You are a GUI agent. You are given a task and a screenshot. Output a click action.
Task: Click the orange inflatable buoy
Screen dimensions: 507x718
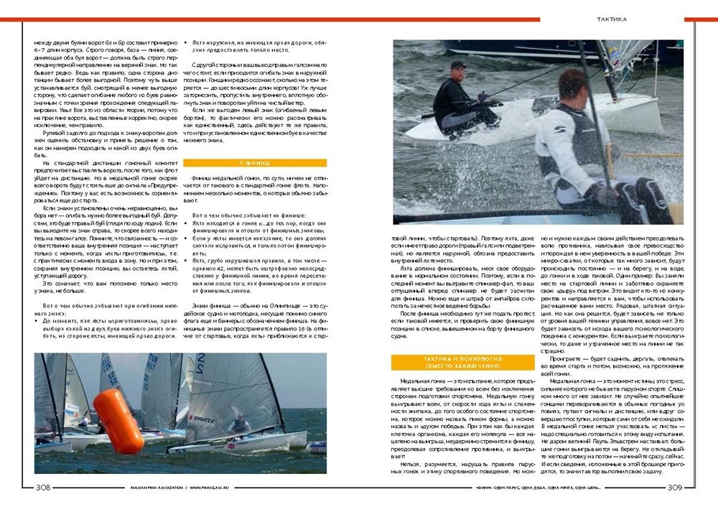click(118, 420)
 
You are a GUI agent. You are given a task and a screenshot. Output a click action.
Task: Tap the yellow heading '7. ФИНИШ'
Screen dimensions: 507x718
click(255, 163)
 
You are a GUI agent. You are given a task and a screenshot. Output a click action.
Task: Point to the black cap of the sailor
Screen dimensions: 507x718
click(457, 65)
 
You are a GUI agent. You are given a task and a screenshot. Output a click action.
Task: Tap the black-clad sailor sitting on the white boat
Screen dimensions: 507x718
click(460, 97)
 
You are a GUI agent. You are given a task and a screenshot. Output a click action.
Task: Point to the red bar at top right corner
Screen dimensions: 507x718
click(700, 19)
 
